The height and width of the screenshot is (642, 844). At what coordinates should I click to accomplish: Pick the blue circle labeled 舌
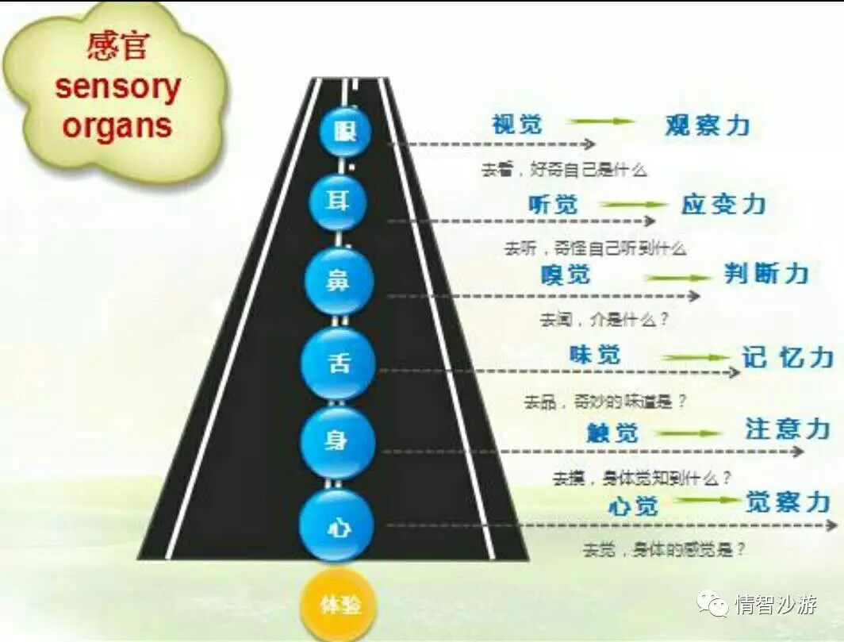[x=337, y=363]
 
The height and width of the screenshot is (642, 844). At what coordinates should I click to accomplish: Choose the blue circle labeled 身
[x=337, y=442]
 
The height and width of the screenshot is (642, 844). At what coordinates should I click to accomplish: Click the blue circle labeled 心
[x=336, y=525]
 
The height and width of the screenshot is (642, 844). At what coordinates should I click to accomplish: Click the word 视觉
[x=516, y=124]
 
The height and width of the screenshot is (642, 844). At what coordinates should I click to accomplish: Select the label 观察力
[x=707, y=125]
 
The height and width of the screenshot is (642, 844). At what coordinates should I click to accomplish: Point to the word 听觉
[x=554, y=204]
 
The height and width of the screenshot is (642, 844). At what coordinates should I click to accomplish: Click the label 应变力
[x=723, y=204]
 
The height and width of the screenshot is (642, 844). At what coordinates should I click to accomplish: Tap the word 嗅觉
[x=566, y=275]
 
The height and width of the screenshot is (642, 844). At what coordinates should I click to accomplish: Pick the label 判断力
[x=766, y=275]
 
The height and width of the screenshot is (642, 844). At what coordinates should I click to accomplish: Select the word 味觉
[x=595, y=355]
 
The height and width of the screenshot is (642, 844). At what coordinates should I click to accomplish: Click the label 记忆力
[x=787, y=357]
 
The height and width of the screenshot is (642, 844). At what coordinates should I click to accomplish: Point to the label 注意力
[x=787, y=429]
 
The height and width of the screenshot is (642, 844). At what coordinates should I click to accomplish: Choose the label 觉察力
[x=787, y=502]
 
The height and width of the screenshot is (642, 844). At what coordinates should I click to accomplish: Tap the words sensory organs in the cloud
[x=117, y=107]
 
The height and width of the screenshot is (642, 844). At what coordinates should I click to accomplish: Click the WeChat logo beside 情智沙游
[x=712, y=605]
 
